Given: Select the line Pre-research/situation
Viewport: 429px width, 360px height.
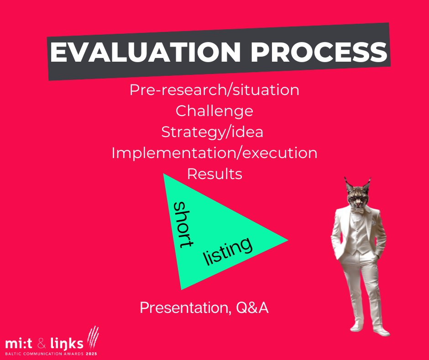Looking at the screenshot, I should pos(214,90).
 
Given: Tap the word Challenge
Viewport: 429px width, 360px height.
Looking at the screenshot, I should pos(214,111).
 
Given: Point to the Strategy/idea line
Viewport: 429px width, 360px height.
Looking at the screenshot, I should pos(212,132).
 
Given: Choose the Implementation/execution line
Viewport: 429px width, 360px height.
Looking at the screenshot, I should pos(214,153).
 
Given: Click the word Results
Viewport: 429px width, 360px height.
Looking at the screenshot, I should pos(214,174).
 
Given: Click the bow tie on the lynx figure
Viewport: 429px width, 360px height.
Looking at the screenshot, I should pos(359,211).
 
